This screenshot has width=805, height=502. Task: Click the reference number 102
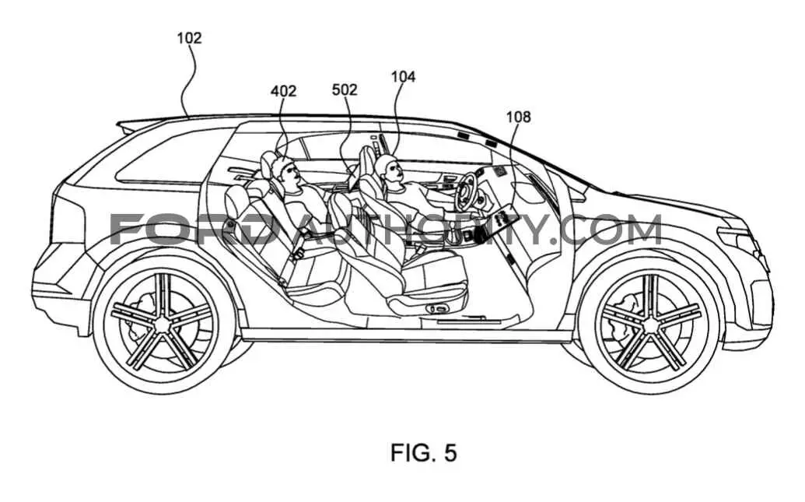[190, 38]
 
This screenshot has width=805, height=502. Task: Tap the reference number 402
[283, 91]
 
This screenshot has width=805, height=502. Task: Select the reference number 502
[345, 90]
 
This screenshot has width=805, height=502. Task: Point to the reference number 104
[403, 76]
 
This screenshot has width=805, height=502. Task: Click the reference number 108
[519, 118]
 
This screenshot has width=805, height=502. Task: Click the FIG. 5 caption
[424, 453]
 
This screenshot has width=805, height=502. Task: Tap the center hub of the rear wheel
[163, 324]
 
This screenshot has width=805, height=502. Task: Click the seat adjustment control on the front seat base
[439, 309]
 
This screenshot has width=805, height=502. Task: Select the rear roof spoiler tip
[119, 124]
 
